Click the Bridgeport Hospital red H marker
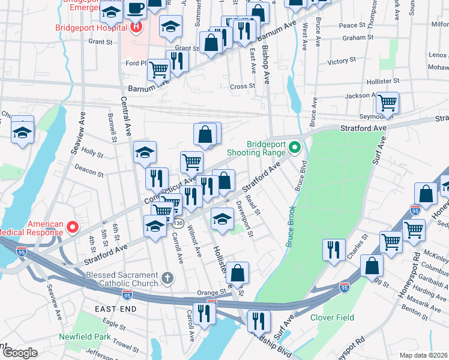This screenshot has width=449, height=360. click(x=136, y=27)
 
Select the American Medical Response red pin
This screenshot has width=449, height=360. click(x=72, y=227)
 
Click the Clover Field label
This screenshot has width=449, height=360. click(x=332, y=317)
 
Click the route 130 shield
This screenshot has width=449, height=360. click(x=178, y=223)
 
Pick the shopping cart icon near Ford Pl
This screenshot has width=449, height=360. click(x=158, y=69)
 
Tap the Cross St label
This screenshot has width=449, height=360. click(x=243, y=86)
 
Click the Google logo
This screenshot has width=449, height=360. click(x=20, y=353)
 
